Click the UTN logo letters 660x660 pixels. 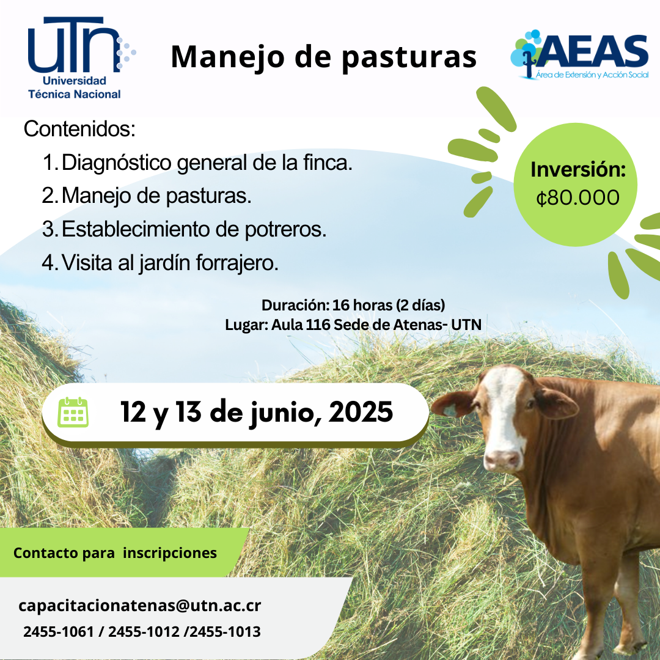(x=72, y=45)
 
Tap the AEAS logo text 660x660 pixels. (x=592, y=51)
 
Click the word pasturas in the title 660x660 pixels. (x=409, y=57)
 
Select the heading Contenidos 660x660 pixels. (x=79, y=129)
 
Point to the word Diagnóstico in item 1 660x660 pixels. (x=117, y=163)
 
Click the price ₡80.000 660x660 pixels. (x=578, y=197)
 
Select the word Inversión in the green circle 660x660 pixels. (x=578, y=169)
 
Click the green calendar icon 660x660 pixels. (x=73, y=412)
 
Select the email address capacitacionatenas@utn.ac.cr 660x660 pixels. (x=140, y=606)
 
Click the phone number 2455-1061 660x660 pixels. (x=59, y=632)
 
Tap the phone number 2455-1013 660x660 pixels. (x=226, y=632)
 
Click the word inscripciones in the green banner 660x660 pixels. (x=170, y=553)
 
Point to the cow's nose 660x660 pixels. (x=502, y=460)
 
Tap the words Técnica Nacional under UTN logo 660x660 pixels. (x=75, y=94)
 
